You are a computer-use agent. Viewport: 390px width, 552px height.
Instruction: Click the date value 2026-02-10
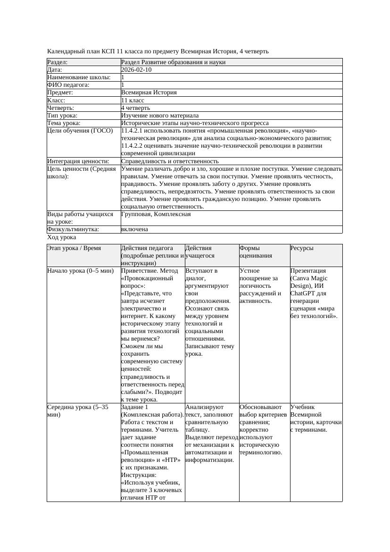coord(136,70)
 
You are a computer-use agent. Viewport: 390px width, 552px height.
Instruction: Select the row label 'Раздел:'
coord(58,62)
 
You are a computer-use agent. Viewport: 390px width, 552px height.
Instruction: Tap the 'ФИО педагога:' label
coord(68,85)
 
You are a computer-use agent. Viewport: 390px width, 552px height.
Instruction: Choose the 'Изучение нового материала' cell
coord(160,116)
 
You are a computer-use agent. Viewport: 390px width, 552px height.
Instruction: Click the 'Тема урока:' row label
coord(64,123)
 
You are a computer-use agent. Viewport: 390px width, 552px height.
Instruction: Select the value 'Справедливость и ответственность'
coord(170,161)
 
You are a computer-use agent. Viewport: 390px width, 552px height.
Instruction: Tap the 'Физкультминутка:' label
coord(73,229)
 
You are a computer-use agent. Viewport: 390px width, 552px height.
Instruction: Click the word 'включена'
coord(134,229)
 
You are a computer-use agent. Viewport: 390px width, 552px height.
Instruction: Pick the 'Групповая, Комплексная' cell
coord(156,214)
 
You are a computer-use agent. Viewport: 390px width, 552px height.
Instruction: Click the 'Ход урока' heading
coord(61,237)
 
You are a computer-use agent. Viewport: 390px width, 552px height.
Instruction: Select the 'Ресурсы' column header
coord(302,248)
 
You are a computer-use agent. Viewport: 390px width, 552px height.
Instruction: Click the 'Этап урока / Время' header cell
coord(74,248)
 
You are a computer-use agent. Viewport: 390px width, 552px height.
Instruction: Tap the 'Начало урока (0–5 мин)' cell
coord(81,271)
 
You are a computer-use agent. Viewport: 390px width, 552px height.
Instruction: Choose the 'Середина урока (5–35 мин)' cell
coord(78,411)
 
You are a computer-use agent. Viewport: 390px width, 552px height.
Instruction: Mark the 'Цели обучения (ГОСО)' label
coord(80,131)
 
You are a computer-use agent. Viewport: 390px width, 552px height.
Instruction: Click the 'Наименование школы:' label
coord(79,77)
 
